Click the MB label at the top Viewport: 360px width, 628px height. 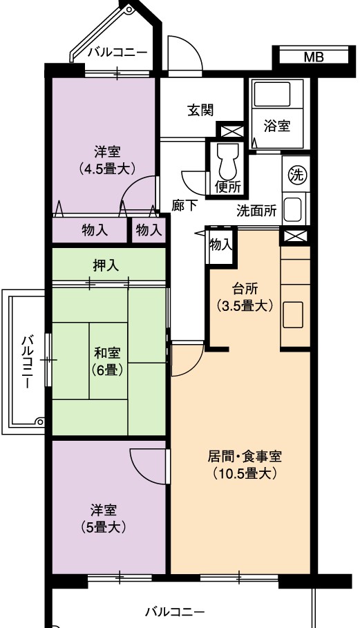pyautogui.click(x=314, y=57)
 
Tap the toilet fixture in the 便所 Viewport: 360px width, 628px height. pyautogui.click(x=227, y=162)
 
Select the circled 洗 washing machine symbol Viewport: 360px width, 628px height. pyautogui.click(x=296, y=175)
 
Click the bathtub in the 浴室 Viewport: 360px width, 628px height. pyautogui.click(x=272, y=95)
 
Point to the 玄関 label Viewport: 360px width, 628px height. pyautogui.click(x=200, y=110)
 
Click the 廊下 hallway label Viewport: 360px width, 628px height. pyautogui.click(x=184, y=206)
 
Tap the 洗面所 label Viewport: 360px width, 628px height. pyautogui.click(x=256, y=211)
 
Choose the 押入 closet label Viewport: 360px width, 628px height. pyautogui.click(x=106, y=266)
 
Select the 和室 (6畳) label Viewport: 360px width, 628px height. pyautogui.click(x=107, y=361)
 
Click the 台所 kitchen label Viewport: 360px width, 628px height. pyautogui.click(x=245, y=298)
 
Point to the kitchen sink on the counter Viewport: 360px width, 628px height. pyautogui.click(x=294, y=316)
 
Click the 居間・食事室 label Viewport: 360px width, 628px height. pyautogui.click(x=245, y=456)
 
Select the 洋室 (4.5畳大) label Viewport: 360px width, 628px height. pyautogui.click(x=107, y=160)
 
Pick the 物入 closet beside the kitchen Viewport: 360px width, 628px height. pyautogui.click(x=220, y=245)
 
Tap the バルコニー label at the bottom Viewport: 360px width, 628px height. pyautogui.click(x=175, y=612)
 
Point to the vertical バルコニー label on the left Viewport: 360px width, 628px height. pyautogui.click(x=27, y=362)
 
